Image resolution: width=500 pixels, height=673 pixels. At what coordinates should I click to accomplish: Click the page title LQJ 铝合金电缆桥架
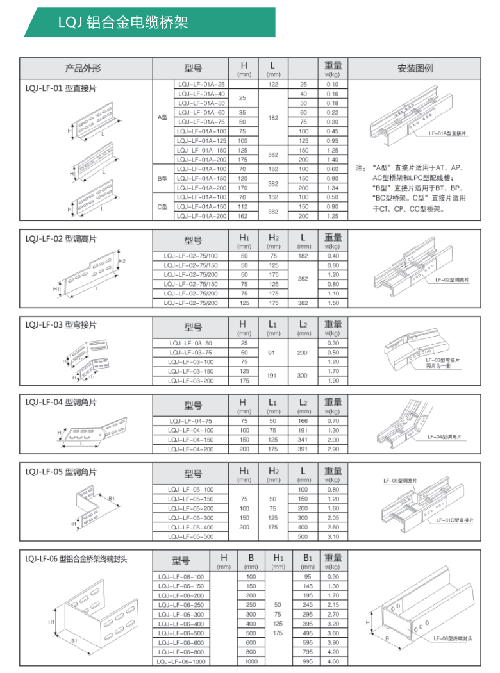pos(122,23)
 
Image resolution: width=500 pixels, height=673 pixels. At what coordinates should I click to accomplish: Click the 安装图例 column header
pos(415,67)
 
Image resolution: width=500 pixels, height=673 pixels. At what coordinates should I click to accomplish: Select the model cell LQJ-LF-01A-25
pos(201,85)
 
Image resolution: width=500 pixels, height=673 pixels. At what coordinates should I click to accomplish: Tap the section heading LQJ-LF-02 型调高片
pos(62,239)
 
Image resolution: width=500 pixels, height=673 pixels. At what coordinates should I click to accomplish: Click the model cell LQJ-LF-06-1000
pos(182,661)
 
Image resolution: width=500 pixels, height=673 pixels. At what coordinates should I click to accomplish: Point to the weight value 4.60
pos(332,661)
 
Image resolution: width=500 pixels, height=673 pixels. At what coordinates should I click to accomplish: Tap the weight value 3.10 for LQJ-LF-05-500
pos(332,536)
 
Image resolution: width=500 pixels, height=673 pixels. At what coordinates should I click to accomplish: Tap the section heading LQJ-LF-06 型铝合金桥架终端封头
pos(77,559)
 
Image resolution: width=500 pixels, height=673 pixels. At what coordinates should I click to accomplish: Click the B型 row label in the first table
pos(162,178)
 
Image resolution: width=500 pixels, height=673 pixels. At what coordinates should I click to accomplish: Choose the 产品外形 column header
pos(83,67)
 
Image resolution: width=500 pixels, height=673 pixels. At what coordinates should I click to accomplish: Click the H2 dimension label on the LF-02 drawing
pos(122,261)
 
